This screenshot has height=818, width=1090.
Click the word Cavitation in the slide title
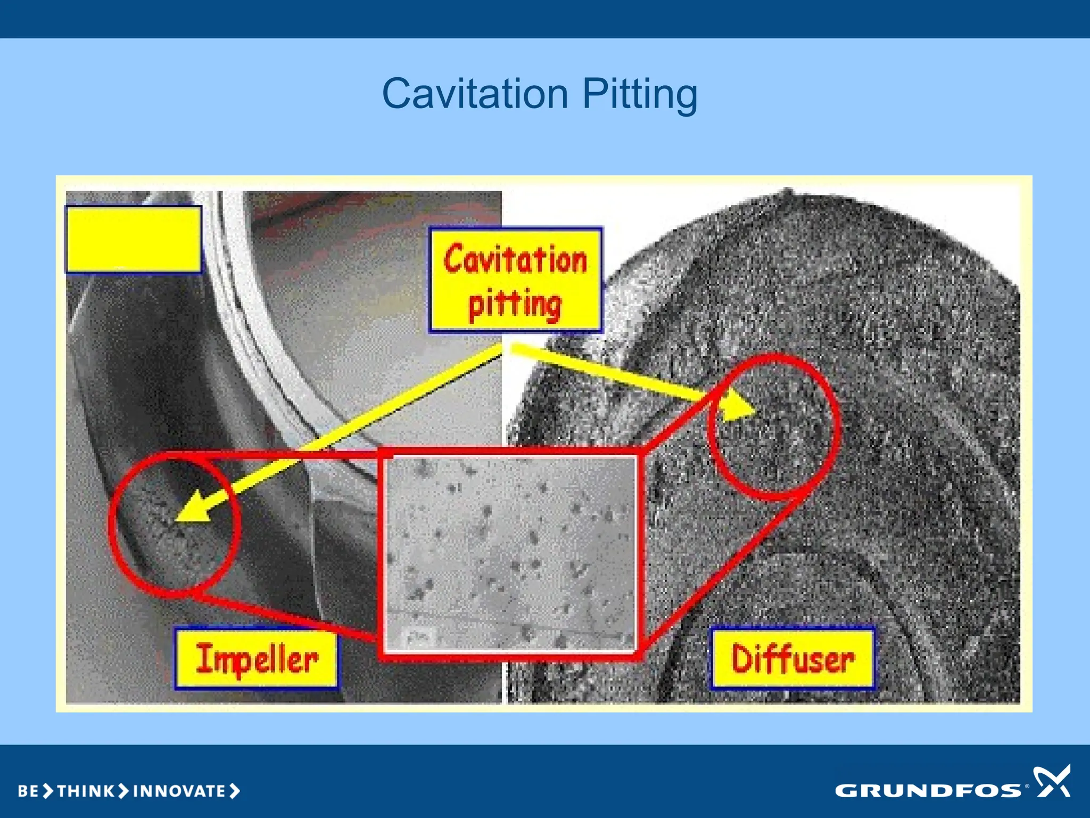click(476, 94)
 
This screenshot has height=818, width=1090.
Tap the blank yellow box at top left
click(134, 239)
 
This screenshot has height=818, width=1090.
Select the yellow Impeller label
click(257, 659)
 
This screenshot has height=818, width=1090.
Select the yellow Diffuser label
click(792, 659)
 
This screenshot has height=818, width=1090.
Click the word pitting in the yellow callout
click(515, 304)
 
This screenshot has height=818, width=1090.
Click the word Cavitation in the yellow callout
click(515, 259)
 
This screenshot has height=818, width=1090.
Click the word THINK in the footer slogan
click(85, 791)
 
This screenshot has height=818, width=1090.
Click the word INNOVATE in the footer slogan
click(179, 791)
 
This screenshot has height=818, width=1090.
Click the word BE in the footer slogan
click(28, 791)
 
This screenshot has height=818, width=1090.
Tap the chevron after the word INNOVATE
click(235, 791)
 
